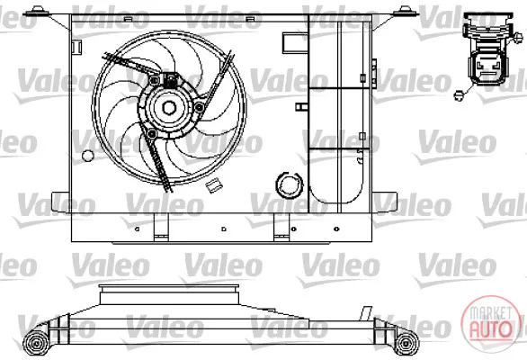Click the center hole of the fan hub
click(169, 108)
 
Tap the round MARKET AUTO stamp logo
click(491, 324)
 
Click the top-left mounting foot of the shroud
click(36, 13)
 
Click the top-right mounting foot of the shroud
click(406, 12)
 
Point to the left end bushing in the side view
click(36, 343)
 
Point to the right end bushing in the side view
click(406, 343)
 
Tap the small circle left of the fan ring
click(88, 155)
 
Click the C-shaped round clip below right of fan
click(289, 185)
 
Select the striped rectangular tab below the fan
click(212, 185)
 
